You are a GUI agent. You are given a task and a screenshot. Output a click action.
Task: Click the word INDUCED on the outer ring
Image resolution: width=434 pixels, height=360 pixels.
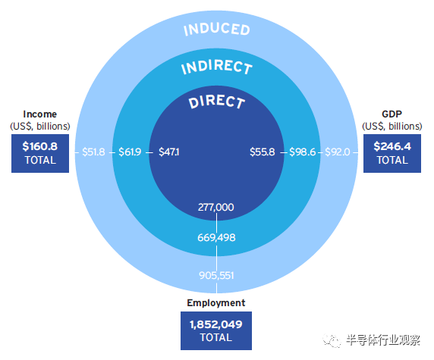(x=217, y=30)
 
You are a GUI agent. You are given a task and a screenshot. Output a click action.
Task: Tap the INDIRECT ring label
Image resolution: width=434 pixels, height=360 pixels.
(x=217, y=67)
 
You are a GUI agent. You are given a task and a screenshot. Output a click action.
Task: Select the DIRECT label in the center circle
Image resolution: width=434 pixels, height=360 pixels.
(x=217, y=102)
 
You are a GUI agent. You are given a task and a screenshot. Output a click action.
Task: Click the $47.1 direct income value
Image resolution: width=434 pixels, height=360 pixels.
(x=169, y=152)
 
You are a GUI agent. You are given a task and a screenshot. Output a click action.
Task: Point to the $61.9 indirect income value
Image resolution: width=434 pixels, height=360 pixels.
(x=130, y=152)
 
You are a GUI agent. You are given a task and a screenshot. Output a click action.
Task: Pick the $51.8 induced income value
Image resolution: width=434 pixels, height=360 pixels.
(x=93, y=152)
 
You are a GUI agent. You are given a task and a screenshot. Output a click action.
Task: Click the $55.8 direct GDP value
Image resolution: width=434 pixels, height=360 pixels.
(x=262, y=152)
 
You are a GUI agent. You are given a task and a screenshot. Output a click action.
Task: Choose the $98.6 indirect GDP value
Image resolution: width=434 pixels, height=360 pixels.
(x=302, y=152)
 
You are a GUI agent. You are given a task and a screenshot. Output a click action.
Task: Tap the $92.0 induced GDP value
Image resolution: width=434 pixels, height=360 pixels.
(x=338, y=152)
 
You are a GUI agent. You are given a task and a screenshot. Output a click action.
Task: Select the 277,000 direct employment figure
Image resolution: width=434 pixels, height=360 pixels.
(x=216, y=207)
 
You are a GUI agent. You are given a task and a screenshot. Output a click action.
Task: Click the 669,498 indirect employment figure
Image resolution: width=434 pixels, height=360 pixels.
(x=216, y=237)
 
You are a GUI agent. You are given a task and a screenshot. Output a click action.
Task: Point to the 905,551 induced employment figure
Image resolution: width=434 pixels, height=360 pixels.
(x=216, y=275)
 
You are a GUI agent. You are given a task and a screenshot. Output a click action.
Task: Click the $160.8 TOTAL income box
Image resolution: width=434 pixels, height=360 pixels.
(x=40, y=153)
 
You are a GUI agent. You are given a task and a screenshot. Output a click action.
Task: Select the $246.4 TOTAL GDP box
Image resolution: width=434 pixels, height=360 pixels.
(x=392, y=153)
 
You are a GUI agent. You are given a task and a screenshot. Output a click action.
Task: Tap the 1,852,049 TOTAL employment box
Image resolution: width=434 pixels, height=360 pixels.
(x=216, y=330)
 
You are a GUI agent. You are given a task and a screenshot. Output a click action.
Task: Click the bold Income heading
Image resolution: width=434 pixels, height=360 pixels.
(x=40, y=114)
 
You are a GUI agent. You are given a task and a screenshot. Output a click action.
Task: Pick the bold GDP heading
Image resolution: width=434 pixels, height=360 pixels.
(x=392, y=114)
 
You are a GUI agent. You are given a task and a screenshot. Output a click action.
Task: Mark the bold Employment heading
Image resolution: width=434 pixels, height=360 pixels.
(x=216, y=302)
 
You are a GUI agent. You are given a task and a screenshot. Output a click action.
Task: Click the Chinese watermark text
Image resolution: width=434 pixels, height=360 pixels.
(x=383, y=340)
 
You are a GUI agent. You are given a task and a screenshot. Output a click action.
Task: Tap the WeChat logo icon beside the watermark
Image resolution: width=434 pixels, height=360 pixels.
(x=332, y=340)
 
